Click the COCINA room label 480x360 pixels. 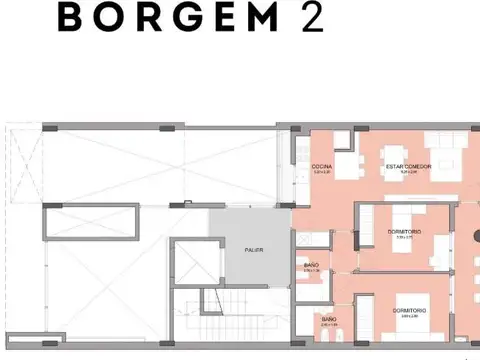point(322,166)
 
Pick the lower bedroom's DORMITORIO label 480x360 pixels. point(411,310)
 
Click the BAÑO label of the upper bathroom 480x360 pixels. point(311,265)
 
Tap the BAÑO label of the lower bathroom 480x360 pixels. point(328,318)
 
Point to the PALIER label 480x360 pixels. point(254,250)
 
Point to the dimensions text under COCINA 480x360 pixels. point(322,172)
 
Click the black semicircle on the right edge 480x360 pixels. point(476,240)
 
